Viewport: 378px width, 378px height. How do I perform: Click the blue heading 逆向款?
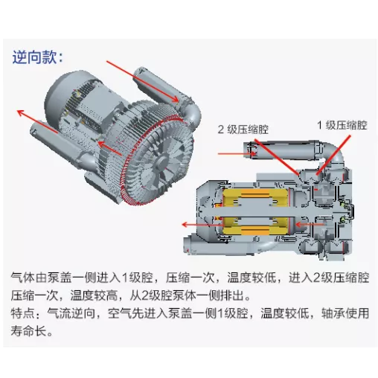[x=35, y=57]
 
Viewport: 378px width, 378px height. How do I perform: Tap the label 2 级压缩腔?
[x=243, y=129]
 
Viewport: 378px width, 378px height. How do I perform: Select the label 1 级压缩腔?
[x=342, y=125]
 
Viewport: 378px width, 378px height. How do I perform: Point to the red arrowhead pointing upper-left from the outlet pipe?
[x=20, y=113]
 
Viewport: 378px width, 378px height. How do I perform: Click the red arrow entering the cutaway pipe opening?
[x=237, y=154]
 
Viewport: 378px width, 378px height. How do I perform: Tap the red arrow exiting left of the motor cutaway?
[x=202, y=225]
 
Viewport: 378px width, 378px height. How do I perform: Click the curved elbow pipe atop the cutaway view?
[x=333, y=154]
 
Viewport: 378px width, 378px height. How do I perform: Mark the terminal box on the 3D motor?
[x=98, y=106]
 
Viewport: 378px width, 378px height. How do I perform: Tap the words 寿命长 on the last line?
[x=28, y=330]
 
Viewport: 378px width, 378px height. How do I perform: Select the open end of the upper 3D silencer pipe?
[x=139, y=72]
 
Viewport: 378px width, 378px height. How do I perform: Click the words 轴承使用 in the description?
[x=345, y=313]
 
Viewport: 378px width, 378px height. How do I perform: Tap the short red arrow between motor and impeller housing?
[x=109, y=148]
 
